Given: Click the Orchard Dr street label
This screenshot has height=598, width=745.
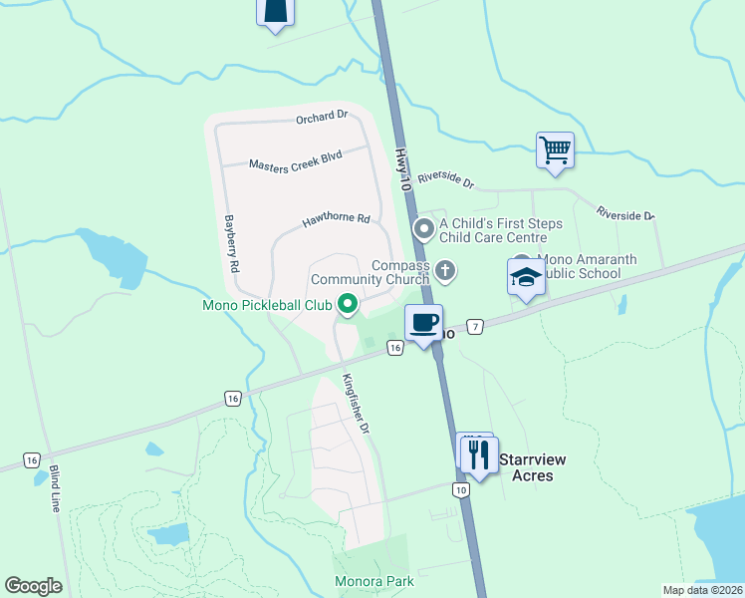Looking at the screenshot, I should click(322, 117).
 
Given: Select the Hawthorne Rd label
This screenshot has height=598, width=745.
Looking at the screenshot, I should click(338, 219).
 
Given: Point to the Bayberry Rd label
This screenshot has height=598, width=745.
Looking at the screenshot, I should click(232, 243).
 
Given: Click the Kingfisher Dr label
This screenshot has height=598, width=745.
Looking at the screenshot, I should click(357, 403).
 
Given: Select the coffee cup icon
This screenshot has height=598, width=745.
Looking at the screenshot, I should click(423, 323).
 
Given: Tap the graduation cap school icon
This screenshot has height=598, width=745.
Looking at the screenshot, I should click(526, 277).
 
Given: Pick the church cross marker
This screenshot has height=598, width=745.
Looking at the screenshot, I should click(446, 270).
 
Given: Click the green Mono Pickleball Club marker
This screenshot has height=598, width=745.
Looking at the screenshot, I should click(348, 305).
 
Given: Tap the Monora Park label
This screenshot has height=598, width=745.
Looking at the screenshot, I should click(373, 581).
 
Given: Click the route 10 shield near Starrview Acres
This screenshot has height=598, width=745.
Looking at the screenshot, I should click(459, 489).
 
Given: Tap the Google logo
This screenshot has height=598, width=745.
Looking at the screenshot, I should click(33, 586).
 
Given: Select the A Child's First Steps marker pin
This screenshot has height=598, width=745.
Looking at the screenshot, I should click(424, 230).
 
